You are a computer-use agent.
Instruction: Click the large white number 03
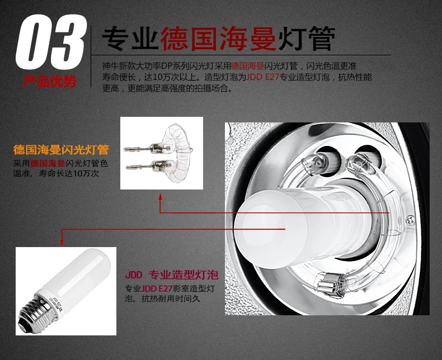51,42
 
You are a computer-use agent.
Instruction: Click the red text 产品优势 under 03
50,82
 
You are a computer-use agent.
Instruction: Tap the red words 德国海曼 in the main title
218,39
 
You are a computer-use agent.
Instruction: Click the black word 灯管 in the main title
307,39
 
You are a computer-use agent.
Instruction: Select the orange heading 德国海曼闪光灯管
61,150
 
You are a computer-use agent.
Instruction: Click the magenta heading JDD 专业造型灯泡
171,274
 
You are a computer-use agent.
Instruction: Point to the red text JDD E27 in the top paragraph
262,77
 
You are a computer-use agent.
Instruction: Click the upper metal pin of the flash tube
138,149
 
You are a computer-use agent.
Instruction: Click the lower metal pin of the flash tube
139,167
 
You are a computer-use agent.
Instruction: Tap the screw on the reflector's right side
411,220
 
